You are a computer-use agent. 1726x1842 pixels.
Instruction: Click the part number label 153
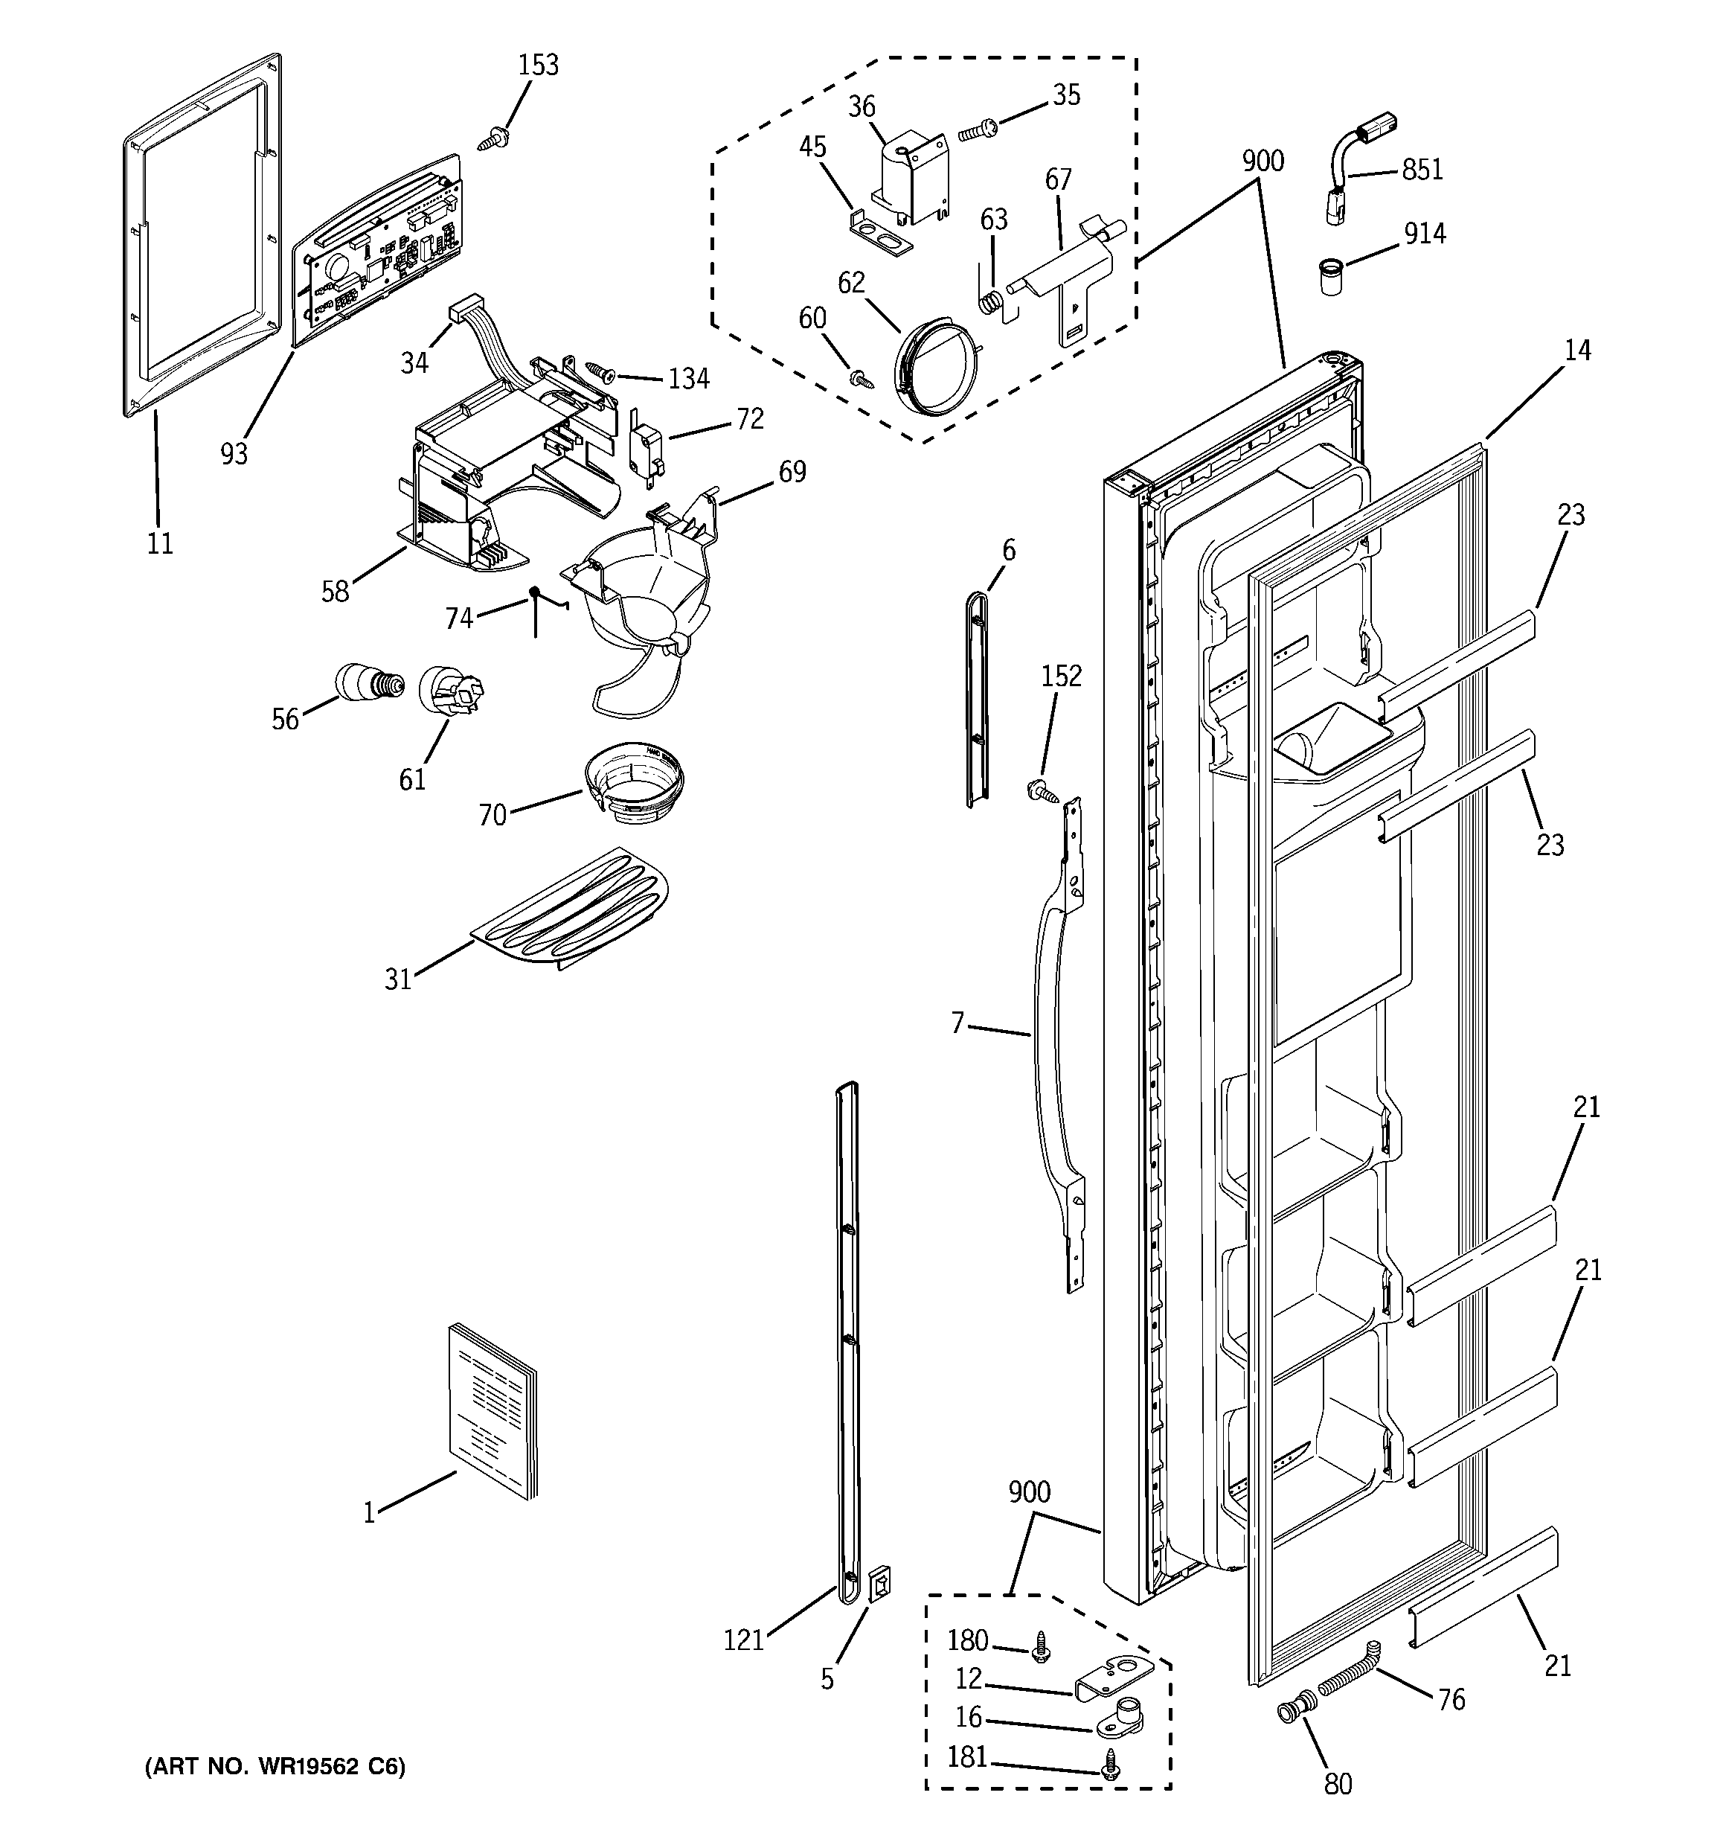coord(539,65)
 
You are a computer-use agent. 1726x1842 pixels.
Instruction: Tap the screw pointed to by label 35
coord(977,131)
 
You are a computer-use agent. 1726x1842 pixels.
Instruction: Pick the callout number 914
coord(1424,234)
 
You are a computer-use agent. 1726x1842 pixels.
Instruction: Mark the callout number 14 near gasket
coord(1577,351)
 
